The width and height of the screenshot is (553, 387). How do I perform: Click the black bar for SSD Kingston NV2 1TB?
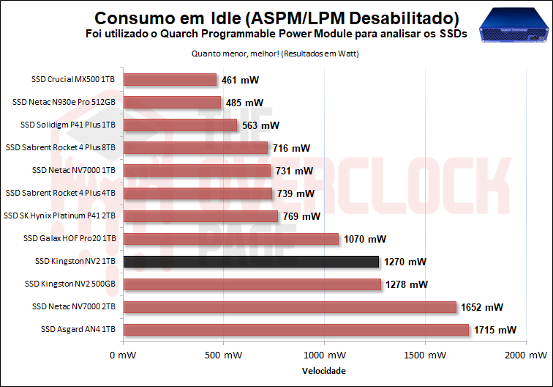251,262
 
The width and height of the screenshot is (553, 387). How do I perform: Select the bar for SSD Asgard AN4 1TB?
296,330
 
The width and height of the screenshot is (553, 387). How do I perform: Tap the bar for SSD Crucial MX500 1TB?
170,80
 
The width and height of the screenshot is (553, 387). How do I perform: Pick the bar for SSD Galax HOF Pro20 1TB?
231,239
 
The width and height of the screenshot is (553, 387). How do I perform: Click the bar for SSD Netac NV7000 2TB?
290,307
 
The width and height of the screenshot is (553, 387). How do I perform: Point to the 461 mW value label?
240,80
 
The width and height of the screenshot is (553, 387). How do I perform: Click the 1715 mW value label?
495,330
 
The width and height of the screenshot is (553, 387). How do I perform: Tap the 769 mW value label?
301,216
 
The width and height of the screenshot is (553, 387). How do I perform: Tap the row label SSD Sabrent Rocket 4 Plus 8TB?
61,148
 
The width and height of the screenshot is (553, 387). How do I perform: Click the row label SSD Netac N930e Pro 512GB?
64,103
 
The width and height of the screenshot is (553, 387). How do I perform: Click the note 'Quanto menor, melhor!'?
234,54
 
